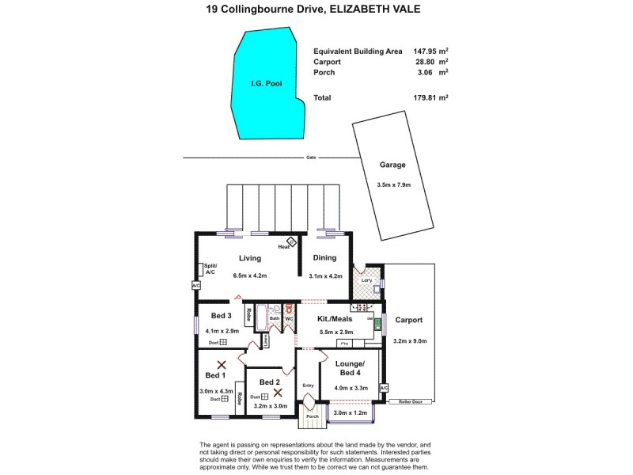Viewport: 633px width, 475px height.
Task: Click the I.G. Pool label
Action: point(267,83)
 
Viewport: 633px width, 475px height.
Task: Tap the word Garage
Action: point(392,165)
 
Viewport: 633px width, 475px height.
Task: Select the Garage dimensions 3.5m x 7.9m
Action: point(392,187)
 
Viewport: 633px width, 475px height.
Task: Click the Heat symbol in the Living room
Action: point(290,243)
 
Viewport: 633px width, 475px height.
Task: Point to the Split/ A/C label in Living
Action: point(210,268)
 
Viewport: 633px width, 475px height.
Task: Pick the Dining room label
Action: point(324,257)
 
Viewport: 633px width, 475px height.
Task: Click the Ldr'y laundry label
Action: point(366,280)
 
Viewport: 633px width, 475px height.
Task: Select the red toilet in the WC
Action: point(290,310)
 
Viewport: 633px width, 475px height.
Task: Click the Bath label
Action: point(274,318)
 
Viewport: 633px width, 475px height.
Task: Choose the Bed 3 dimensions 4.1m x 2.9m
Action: point(222,330)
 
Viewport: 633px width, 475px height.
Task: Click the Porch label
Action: point(312,417)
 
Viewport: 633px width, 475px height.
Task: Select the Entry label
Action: point(308,386)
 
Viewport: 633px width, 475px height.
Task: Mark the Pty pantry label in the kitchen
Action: point(344,344)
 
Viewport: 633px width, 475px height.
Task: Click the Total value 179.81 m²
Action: point(432,97)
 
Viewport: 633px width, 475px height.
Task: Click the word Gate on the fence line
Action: point(311,158)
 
